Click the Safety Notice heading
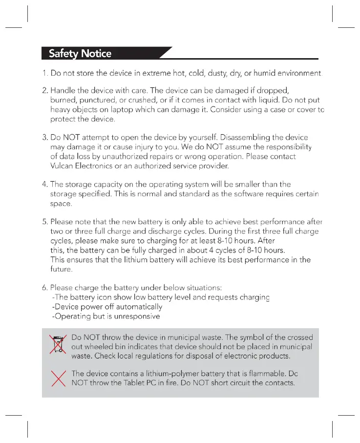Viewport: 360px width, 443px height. pyautogui.click(x=80, y=53)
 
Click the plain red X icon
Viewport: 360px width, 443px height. pyautogui.click(x=59, y=378)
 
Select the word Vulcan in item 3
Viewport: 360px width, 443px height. pyautogui.click(x=62, y=166)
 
